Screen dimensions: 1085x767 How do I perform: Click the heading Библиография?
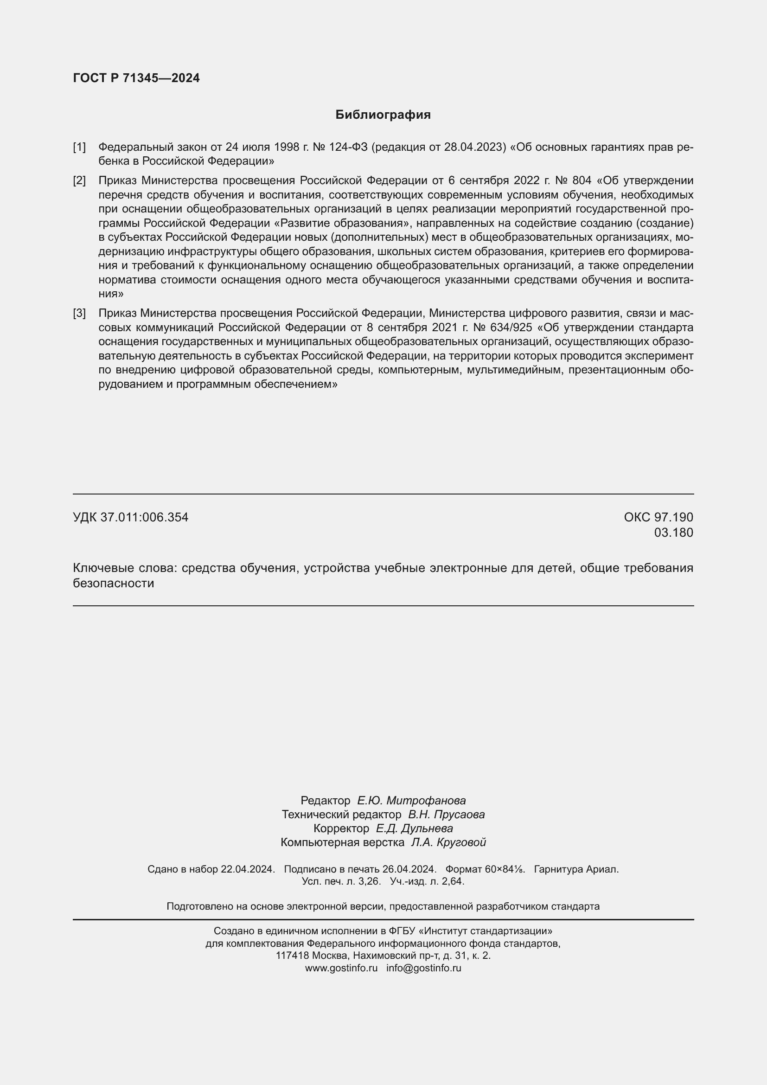(x=383, y=115)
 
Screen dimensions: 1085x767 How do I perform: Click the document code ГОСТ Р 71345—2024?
(x=136, y=78)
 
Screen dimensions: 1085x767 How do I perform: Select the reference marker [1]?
(x=79, y=148)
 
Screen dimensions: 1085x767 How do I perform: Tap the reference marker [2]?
(x=79, y=180)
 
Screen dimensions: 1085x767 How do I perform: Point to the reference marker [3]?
(x=79, y=313)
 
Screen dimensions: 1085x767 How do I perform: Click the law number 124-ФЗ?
(x=349, y=148)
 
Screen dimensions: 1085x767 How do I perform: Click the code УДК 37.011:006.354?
(x=131, y=518)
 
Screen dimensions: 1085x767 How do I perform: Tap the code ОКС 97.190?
(x=658, y=518)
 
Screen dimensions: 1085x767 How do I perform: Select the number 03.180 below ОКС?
(x=673, y=533)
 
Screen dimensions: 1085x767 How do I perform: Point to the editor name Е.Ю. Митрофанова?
(x=411, y=801)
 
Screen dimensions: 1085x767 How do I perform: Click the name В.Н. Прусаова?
(x=446, y=815)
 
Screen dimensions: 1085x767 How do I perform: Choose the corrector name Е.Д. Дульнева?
(x=414, y=828)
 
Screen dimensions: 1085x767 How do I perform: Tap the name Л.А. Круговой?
(x=448, y=842)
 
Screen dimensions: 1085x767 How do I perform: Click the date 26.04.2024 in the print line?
(x=409, y=869)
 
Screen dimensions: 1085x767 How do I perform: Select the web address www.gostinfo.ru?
(x=341, y=968)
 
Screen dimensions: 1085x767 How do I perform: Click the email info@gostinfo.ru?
(x=424, y=968)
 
